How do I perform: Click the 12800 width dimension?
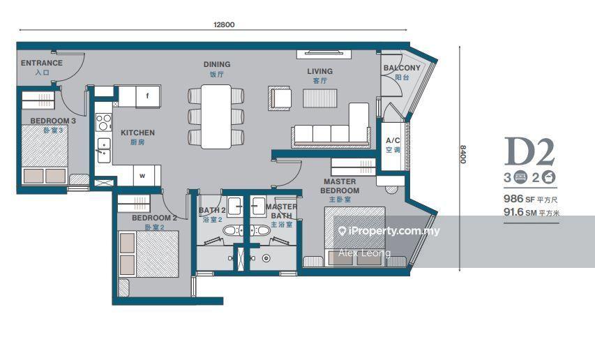pyautogui.click(x=224, y=24)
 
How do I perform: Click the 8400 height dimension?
pyautogui.click(x=462, y=154)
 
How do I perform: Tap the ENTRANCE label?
pyautogui.click(x=42, y=63)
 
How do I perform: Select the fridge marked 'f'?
pyautogui.click(x=148, y=96)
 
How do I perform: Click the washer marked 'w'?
pyautogui.click(x=142, y=176)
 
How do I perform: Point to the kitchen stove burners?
pyautogui.click(x=104, y=122)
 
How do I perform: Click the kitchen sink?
pyautogui.click(x=104, y=150)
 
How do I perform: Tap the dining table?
pyautogui.click(x=216, y=117)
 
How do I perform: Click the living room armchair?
pyautogui.click(x=280, y=98)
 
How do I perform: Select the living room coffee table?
pyautogui.click(x=320, y=98)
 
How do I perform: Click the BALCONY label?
pyautogui.click(x=402, y=68)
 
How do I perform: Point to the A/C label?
pyautogui.click(x=393, y=140)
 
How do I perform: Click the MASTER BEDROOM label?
pyautogui.click(x=340, y=186)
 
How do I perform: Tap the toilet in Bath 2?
pyautogui.click(x=231, y=230)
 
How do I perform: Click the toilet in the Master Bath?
pyautogui.click(x=261, y=230)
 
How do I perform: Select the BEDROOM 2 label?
pyautogui.click(x=154, y=218)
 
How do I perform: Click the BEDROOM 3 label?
pyautogui.click(x=53, y=121)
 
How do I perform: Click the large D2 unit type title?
pyautogui.click(x=529, y=152)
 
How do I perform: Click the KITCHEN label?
pyautogui.click(x=137, y=133)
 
